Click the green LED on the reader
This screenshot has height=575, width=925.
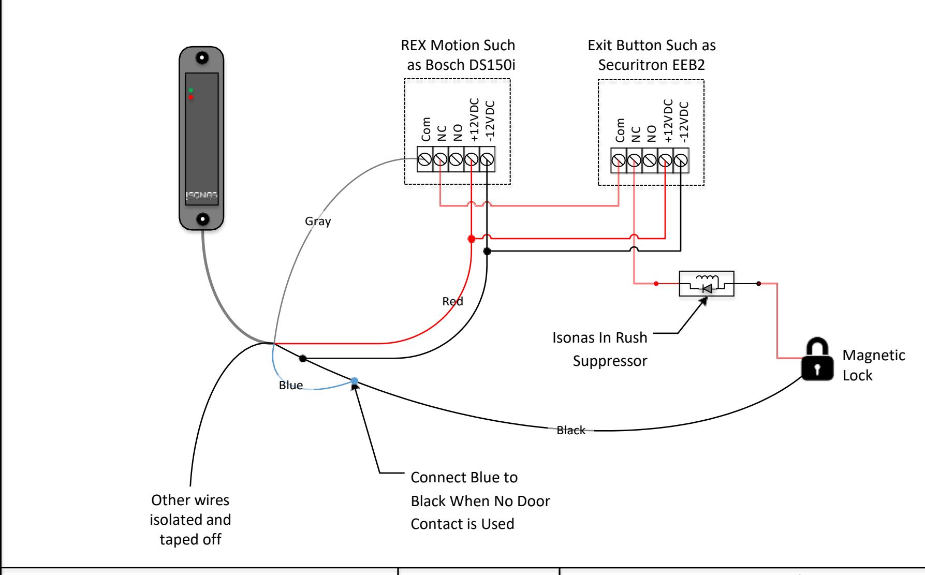190,91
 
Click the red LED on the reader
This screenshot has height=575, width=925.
190,97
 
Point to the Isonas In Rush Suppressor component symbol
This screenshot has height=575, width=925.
707,284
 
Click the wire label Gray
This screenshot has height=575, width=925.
318,222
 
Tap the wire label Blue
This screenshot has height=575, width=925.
291,386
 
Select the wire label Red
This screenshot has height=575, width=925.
453,301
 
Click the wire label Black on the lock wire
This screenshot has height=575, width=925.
571,430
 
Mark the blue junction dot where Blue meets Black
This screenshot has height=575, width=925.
355,381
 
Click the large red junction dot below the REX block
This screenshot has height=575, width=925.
471,239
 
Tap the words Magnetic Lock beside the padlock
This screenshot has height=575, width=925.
874,365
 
